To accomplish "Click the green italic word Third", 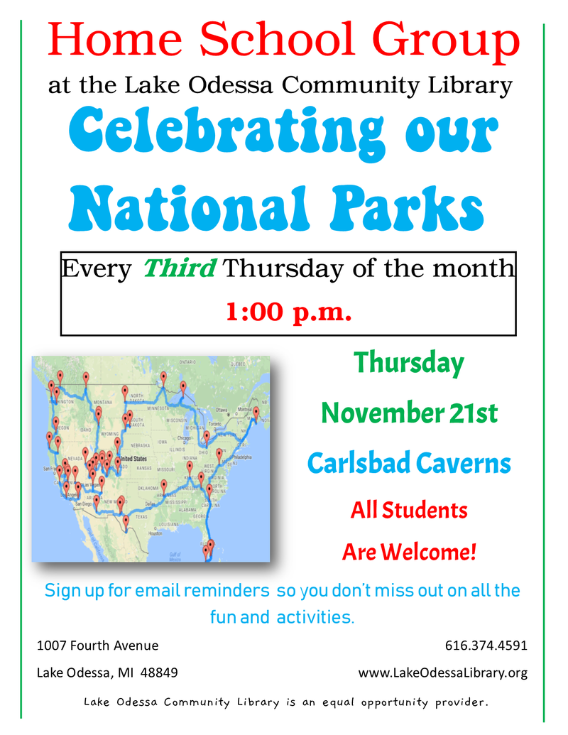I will tap(179, 269).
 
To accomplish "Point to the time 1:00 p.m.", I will tap(288, 311).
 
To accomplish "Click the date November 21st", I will tap(409, 413).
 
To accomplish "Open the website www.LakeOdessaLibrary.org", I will tap(443, 673).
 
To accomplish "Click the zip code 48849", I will tap(160, 673).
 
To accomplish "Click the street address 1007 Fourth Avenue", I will tap(97, 646).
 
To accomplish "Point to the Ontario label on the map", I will tap(187, 362).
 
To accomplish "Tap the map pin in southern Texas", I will tap(126, 521).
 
